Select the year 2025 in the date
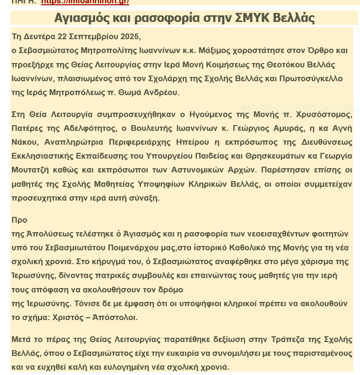click(x=131, y=37)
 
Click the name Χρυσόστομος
click(x=328, y=114)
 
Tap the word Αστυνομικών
click(x=215, y=170)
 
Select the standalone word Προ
click(x=19, y=220)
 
